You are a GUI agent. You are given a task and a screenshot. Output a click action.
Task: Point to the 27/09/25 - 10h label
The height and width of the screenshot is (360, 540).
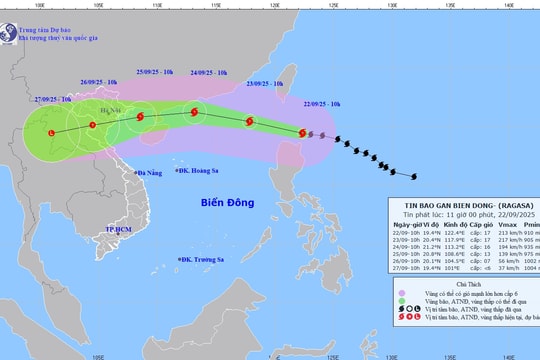click(x=52, y=100)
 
